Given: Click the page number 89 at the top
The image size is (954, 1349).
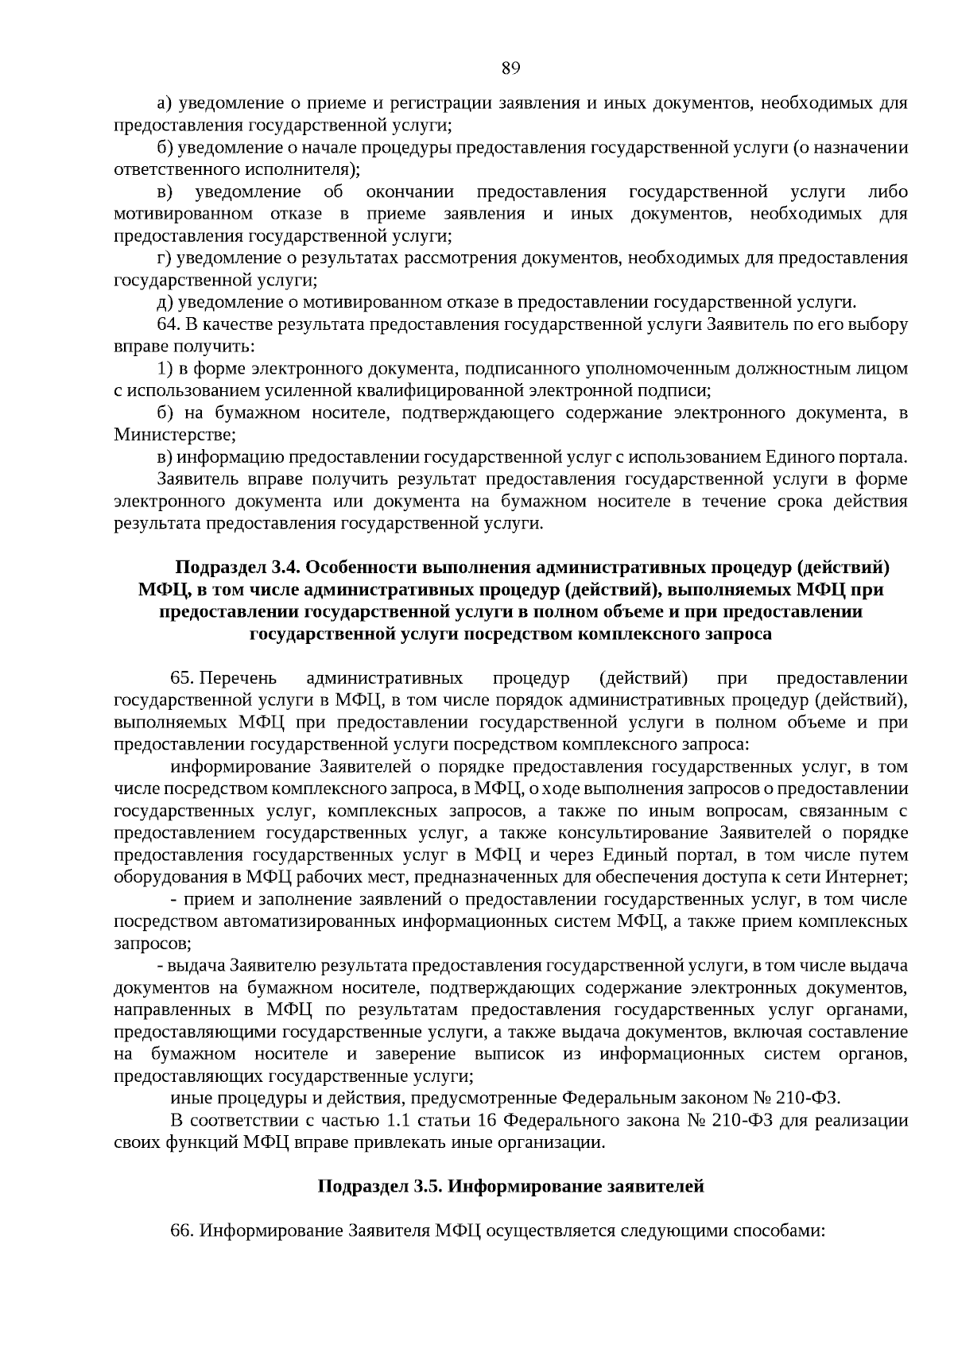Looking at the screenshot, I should click(510, 68).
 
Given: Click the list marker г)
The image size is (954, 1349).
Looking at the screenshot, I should click(165, 258).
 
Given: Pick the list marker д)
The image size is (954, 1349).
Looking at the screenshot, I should click(165, 302).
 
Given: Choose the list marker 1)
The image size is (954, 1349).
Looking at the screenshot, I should click(165, 368).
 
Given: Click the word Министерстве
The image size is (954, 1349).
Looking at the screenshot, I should click(174, 435).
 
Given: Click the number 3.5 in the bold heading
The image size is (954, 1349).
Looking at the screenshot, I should click(426, 1187).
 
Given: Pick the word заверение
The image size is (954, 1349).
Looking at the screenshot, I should click(411, 1054).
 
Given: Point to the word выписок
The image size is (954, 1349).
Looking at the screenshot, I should click(510, 1054).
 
